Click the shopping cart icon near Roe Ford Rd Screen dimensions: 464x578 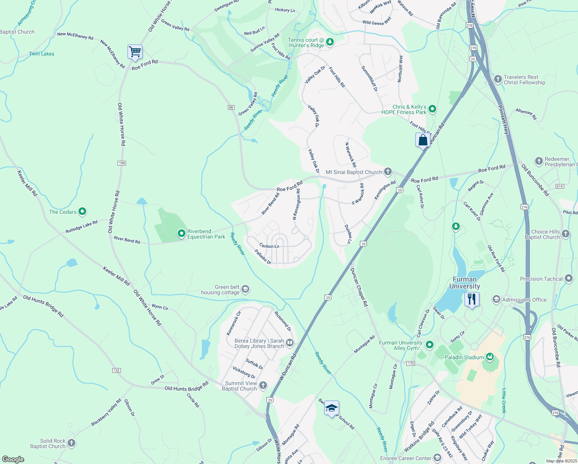pyautogui.click(x=135, y=51)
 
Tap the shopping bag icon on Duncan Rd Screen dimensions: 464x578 pyautogui.click(x=423, y=140)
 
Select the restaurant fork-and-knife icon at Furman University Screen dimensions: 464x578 pyautogui.click(x=471, y=299)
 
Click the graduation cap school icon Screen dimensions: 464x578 pyautogui.click(x=331, y=408)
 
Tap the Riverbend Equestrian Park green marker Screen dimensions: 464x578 pyautogui.click(x=181, y=234)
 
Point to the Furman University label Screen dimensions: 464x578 pyautogui.click(x=464, y=283)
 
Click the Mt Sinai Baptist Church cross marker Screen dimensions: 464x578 pyautogui.click(x=388, y=172)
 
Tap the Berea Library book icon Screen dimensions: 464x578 pyautogui.click(x=289, y=343)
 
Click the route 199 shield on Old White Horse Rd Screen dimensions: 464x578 pyautogui.click(x=122, y=163)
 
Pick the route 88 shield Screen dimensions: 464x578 pyautogui.click(x=231, y=107)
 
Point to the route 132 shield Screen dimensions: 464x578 pyautogui.click(x=116, y=370)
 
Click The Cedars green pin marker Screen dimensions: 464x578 pyautogui.click(x=82, y=212)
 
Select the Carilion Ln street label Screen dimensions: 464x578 pyautogui.click(x=269, y=246)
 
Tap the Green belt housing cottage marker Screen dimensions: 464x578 pyautogui.click(x=245, y=289)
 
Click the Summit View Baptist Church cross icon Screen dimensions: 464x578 pyautogui.click(x=263, y=385)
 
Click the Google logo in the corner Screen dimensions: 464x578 pyautogui.click(x=13, y=459)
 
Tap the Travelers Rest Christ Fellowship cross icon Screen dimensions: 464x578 pyautogui.click(x=498, y=79)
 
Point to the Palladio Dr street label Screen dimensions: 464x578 pyautogui.click(x=263, y=257)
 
